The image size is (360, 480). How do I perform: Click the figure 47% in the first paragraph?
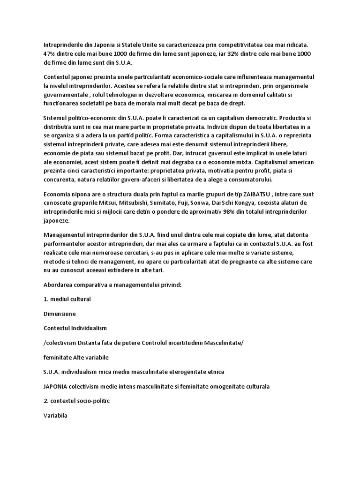pos(49,54)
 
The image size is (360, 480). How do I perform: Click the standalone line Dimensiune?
pos(60,314)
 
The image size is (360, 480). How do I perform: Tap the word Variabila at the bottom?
pos(55,415)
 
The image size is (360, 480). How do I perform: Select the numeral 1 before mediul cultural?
pos(45,299)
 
